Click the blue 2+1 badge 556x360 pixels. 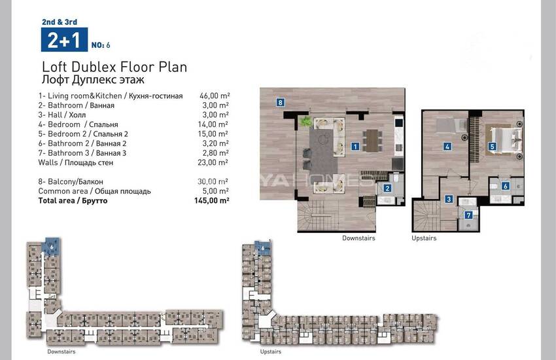[64, 40]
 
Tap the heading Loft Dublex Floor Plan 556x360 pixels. [114, 67]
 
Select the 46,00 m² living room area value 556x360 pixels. [215, 96]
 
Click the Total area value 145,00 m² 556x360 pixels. [212, 201]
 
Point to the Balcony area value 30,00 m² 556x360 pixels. [213, 181]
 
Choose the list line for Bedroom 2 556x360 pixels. [83, 134]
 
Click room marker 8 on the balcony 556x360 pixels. [280, 103]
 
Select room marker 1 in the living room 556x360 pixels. [355, 146]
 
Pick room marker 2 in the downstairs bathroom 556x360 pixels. [387, 189]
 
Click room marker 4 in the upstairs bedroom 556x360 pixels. [447, 146]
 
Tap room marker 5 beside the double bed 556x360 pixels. [492, 146]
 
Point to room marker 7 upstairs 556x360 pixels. [468, 215]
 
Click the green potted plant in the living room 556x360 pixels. [305, 122]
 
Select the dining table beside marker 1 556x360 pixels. [372, 141]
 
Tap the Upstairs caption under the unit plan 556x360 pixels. [424, 238]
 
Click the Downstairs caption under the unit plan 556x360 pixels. [358, 238]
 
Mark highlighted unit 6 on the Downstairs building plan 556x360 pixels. [52, 247]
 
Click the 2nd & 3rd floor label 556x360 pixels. [60, 22]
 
